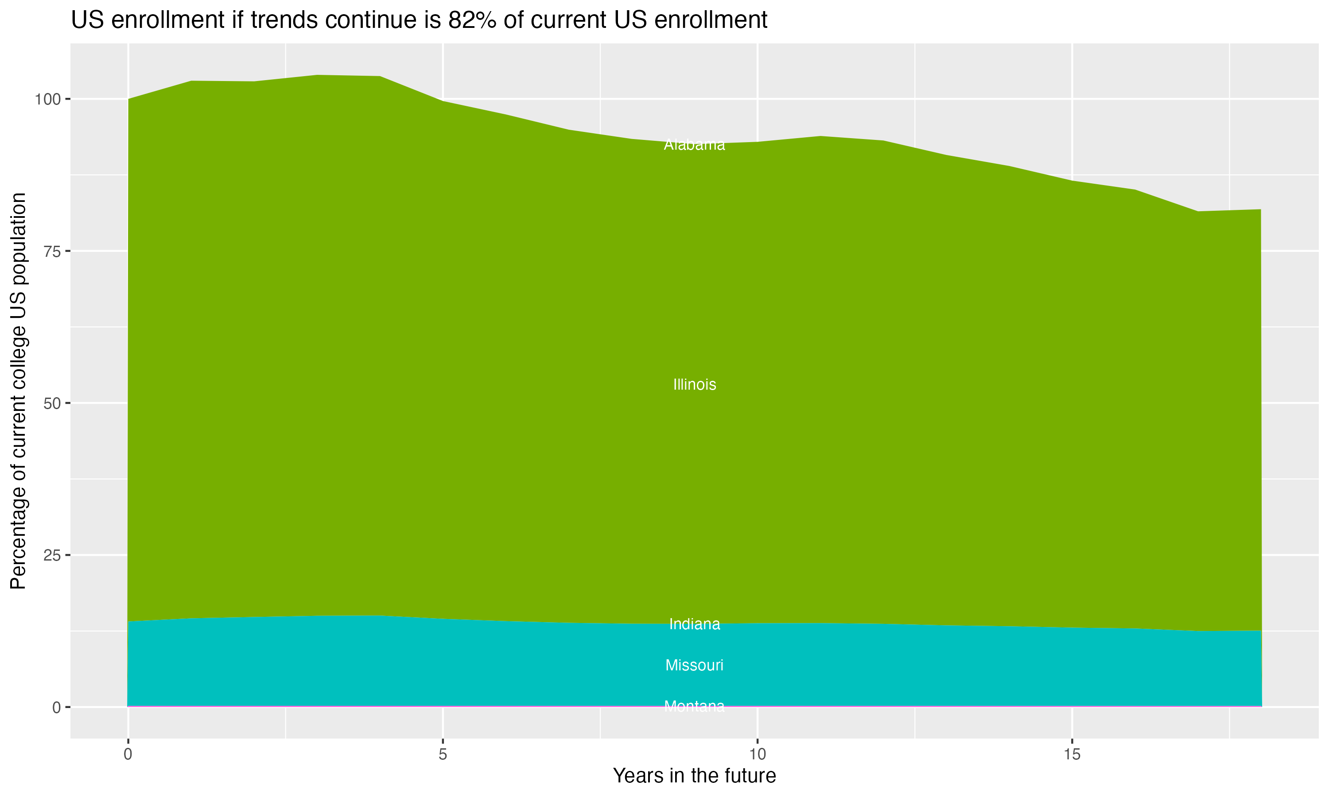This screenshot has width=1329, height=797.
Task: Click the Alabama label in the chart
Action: click(x=694, y=144)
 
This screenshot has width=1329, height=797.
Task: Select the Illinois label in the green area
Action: click(x=694, y=384)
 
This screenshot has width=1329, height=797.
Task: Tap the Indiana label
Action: click(x=694, y=624)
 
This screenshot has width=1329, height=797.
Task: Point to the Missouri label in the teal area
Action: click(x=694, y=665)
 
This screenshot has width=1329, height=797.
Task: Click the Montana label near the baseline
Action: click(x=694, y=706)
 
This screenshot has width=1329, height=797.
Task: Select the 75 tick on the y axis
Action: click(x=52, y=251)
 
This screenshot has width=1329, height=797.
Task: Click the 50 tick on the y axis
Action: click(x=52, y=403)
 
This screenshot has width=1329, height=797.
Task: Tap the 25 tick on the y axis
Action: click(x=52, y=555)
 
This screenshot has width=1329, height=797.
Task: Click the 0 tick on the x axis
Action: click(x=128, y=754)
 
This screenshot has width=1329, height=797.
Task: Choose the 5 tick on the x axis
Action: click(x=443, y=754)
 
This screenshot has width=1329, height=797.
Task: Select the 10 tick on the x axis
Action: click(x=757, y=754)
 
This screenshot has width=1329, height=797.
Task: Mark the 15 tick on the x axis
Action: click(x=1072, y=754)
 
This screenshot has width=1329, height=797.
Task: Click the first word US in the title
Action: click(x=85, y=20)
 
